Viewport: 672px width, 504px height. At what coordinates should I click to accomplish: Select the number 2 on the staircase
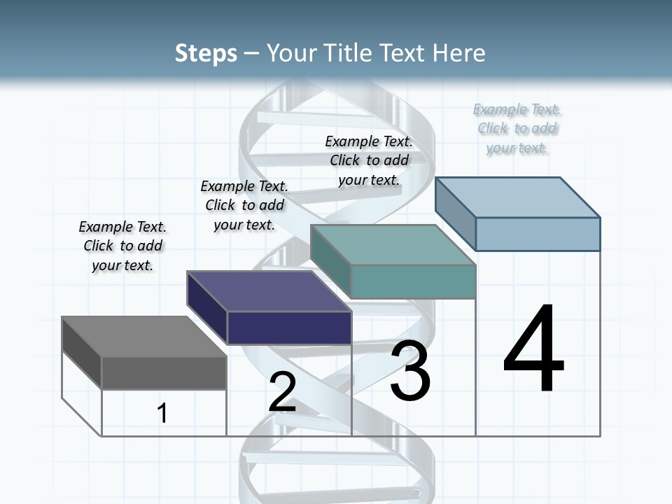coord(282,392)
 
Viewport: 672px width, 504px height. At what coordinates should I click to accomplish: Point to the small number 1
coord(162,413)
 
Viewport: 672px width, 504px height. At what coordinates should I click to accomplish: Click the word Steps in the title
coord(206,53)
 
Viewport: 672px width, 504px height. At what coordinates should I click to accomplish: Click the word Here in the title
coord(459,53)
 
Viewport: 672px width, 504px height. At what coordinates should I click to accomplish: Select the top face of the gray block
coord(144,337)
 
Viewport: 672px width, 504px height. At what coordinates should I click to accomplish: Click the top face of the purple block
coord(269,291)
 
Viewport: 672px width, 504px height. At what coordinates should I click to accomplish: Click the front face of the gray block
coord(164,373)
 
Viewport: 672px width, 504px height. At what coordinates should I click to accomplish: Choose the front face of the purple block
coord(288,328)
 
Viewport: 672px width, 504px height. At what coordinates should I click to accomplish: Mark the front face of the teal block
coord(413,281)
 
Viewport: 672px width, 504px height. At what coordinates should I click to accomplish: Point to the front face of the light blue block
coord(538,234)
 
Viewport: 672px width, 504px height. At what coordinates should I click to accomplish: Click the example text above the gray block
coord(122,246)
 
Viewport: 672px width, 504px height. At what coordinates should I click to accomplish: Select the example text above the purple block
coord(244,205)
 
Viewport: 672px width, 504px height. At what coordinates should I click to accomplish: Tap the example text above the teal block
coord(369,160)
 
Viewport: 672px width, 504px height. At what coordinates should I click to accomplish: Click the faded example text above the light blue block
coord(517,128)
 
